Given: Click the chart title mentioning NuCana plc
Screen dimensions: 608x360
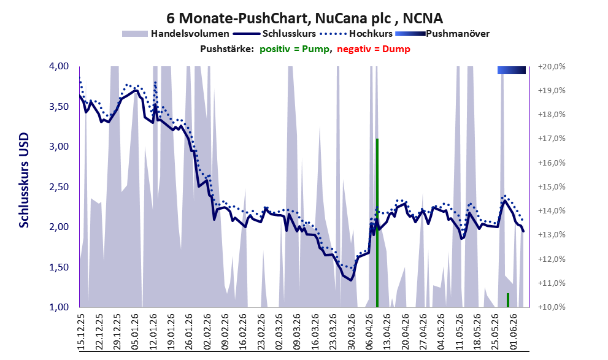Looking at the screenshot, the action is (304, 18).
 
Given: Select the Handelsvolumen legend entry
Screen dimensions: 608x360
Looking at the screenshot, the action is (175, 34).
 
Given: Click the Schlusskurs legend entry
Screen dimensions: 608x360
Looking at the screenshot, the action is (274, 34).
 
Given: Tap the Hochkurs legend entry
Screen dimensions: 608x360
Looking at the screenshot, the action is (356, 34).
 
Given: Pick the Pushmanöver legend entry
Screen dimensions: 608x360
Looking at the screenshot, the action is (442, 34).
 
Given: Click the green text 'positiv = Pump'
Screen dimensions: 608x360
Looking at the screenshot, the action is (294, 49).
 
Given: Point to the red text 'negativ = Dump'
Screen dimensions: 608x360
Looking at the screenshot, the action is (374, 49).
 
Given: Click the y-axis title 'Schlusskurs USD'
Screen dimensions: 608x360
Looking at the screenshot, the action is (24, 180).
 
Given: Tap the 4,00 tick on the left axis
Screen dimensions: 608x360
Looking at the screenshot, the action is (58, 66).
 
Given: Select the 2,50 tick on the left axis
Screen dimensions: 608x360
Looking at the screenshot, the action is (58, 187).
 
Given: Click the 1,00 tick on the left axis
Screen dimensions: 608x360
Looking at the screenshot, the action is (58, 307).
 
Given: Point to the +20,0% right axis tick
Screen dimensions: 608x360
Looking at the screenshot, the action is (552, 67).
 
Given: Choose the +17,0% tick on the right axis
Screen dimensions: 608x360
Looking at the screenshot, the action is (552, 139).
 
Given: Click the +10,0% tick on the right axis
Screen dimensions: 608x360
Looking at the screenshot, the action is (552, 307).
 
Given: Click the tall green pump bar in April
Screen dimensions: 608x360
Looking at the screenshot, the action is (377, 223).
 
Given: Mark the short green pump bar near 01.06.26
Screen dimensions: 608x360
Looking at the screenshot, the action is (508, 301).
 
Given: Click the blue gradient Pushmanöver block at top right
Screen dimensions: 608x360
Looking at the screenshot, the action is (512, 70).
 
